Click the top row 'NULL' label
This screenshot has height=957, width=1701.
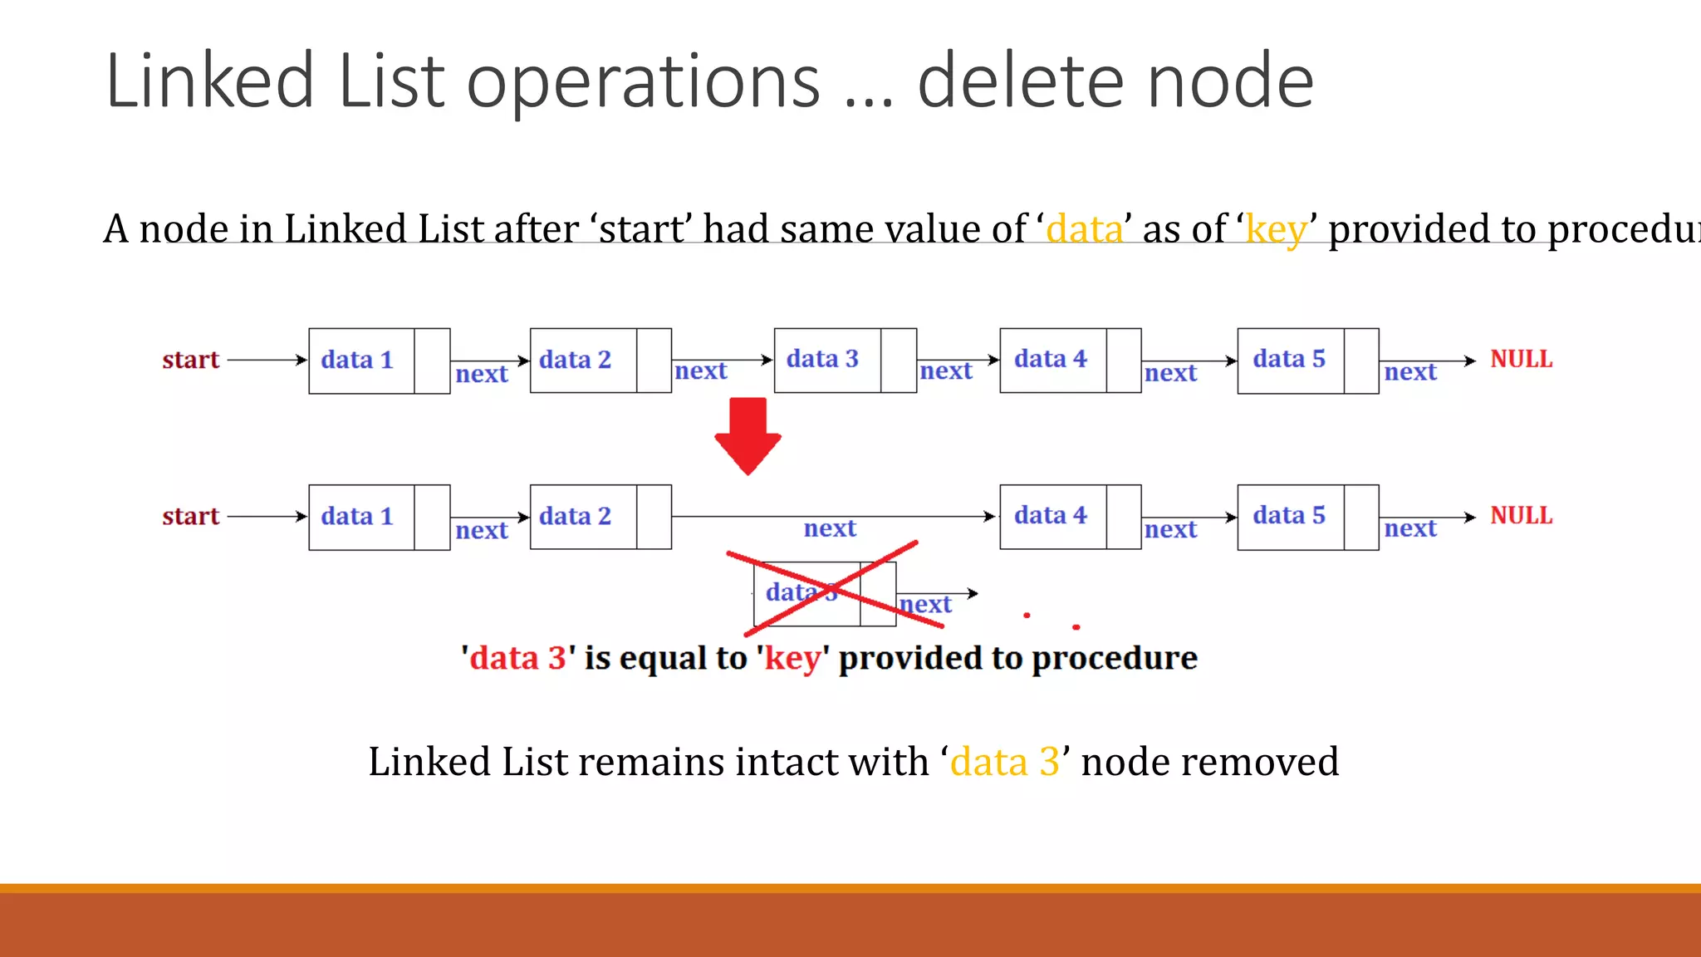pos(1521,360)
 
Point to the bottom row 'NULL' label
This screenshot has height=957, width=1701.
pos(1521,516)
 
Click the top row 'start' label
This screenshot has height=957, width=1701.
pos(190,361)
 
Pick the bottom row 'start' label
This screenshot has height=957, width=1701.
pos(190,517)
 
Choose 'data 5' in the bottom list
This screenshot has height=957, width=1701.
pos(1290,516)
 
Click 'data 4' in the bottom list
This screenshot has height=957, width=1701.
pos(1051,516)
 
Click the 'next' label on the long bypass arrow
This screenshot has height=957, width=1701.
pos(830,529)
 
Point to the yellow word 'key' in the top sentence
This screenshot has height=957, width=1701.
pos(1276,229)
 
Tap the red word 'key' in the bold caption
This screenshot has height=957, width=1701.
pos(792,659)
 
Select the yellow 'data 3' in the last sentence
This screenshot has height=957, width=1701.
pos(1005,762)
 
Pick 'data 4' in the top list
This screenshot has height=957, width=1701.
pos(1051,360)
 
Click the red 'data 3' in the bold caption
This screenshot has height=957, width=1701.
pos(517,659)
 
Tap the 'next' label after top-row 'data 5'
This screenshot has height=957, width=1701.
pos(1410,373)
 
